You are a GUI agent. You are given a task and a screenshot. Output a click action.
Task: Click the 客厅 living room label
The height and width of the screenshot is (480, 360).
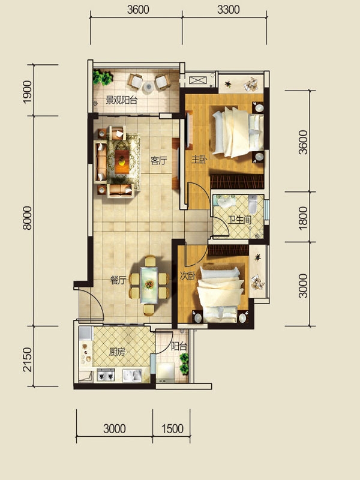click(x=158, y=160)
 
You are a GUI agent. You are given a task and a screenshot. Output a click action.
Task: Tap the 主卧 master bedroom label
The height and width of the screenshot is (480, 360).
click(x=199, y=160)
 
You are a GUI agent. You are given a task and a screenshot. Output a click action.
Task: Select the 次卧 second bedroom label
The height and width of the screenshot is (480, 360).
click(x=187, y=276)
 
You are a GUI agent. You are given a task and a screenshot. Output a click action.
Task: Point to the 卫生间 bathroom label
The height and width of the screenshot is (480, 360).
click(x=240, y=220)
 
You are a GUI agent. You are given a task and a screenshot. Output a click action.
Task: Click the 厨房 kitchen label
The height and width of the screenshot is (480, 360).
click(x=117, y=352)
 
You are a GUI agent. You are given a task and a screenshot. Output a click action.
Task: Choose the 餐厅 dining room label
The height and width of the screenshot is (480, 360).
click(x=118, y=280)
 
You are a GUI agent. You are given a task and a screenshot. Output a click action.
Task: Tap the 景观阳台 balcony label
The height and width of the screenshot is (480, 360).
click(x=122, y=100)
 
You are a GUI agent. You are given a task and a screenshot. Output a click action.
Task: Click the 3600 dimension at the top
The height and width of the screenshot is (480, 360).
click(x=138, y=10)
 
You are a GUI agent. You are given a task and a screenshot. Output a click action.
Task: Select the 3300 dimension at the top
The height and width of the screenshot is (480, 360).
click(x=229, y=10)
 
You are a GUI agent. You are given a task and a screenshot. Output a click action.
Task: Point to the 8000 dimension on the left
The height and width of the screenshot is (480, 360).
click(x=27, y=218)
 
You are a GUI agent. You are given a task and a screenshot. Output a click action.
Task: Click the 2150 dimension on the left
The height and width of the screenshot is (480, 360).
click(x=27, y=359)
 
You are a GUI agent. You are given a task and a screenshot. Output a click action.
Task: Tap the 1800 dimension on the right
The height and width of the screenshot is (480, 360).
click(x=303, y=218)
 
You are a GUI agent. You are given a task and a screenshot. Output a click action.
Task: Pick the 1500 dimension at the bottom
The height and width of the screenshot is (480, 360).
click(x=172, y=429)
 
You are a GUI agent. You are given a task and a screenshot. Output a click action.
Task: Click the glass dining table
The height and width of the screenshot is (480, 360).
click(x=149, y=285)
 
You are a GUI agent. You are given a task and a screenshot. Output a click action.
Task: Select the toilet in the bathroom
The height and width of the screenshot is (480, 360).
click(x=253, y=203)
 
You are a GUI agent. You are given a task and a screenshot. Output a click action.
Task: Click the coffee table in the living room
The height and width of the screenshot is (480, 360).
click(x=122, y=161)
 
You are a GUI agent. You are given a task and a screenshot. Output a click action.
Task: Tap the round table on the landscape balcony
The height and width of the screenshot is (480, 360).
click(x=148, y=87)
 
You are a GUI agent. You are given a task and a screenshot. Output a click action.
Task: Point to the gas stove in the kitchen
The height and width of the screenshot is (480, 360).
click(x=106, y=374)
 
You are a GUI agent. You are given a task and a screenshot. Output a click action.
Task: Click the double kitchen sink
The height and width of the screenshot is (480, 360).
click(x=132, y=376)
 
